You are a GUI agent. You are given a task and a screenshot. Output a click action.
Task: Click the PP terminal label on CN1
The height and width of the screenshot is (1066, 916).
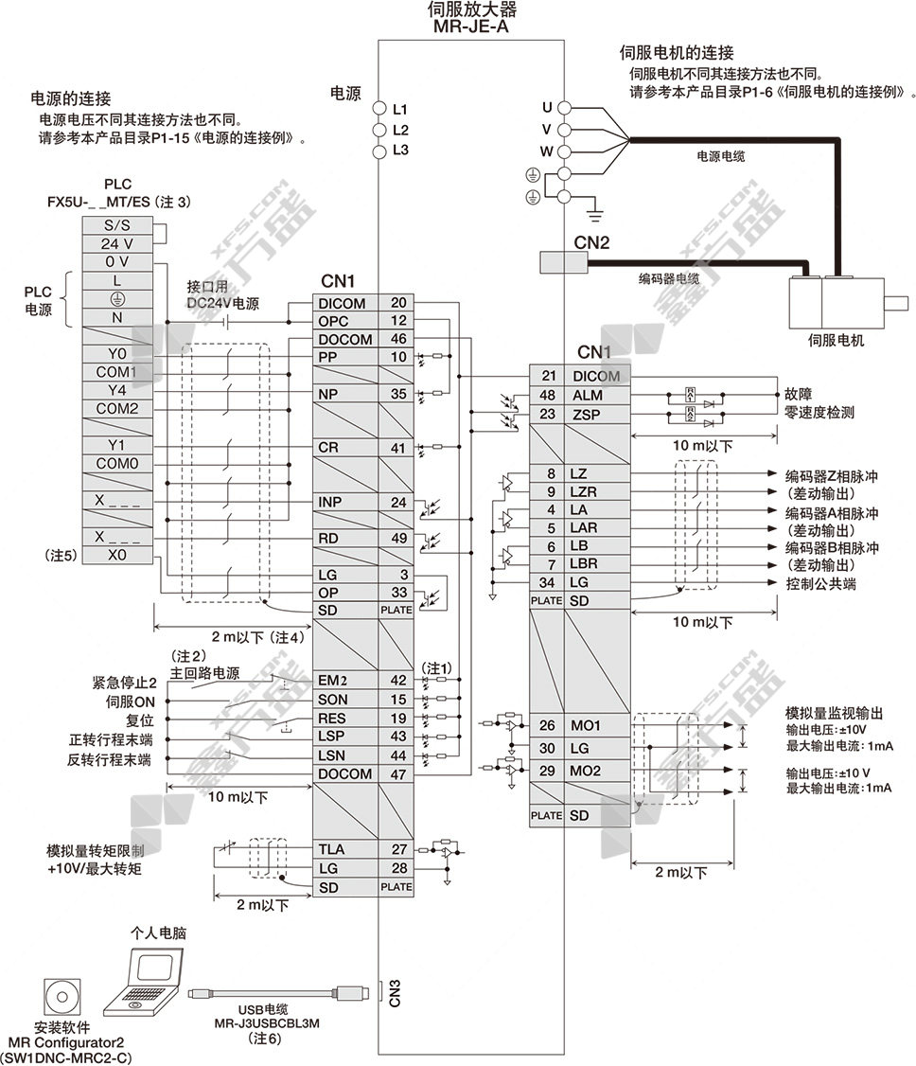(328, 357)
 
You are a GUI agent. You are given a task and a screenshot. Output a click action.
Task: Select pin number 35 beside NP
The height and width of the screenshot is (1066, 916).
(397, 394)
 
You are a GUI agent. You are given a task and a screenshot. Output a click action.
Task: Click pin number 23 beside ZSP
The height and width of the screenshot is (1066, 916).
(547, 414)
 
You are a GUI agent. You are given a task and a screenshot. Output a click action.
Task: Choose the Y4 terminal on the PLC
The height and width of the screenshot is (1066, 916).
(117, 390)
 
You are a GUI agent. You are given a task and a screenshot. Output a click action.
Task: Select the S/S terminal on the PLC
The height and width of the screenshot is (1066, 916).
(117, 225)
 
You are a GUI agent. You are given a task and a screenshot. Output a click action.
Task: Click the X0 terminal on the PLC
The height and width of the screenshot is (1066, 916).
(117, 556)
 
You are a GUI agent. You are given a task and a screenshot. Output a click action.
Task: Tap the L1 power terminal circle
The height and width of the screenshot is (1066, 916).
(379, 109)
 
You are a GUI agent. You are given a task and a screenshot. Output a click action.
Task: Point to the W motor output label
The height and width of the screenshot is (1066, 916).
(546, 151)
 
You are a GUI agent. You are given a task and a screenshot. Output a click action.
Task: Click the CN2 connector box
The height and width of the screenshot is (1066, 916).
(552, 262)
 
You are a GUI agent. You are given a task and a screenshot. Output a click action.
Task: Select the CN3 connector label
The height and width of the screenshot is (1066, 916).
(396, 992)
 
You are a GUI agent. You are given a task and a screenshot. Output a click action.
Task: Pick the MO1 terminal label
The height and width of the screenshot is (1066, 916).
(585, 726)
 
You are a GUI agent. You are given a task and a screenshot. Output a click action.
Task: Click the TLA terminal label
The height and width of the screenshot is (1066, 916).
(332, 849)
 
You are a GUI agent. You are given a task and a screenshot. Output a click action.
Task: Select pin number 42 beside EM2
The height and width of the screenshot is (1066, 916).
(397, 679)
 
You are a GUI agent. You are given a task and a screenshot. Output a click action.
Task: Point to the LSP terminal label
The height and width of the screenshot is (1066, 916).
(332, 736)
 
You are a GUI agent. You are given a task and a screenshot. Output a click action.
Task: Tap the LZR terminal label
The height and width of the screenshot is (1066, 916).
(584, 491)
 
